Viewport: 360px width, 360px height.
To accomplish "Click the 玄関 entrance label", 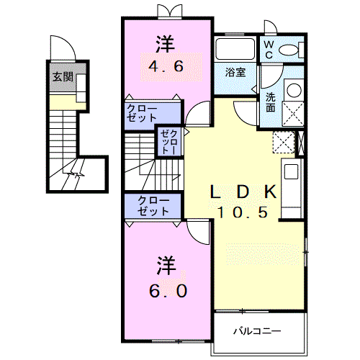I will click(61, 77).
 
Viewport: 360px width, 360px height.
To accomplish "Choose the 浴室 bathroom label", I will click(233, 72).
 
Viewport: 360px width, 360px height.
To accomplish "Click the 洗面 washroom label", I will click(270, 102).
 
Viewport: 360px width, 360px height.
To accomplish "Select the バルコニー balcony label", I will click(256, 331).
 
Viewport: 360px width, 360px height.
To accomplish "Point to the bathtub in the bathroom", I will click(235, 50).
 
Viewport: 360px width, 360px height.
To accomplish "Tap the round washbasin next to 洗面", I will click(293, 90).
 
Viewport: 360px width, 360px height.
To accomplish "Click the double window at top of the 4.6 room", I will click(166, 11).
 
